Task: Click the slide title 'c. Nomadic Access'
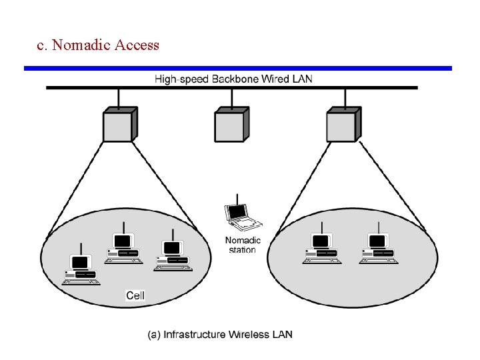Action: (x=98, y=45)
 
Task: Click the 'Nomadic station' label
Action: (x=243, y=245)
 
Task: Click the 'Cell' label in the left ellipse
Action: (x=135, y=295)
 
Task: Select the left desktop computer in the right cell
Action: (x=321, y=249)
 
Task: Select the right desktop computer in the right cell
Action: (x=379, y=249)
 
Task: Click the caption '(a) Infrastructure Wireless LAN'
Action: (x=220, y=334)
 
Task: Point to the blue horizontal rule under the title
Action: (x=238, y=68)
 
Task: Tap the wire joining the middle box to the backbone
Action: (x=231, y=98)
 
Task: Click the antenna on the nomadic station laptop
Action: (x=237, y=198)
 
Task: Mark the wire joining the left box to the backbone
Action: (x=118, y=98)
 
